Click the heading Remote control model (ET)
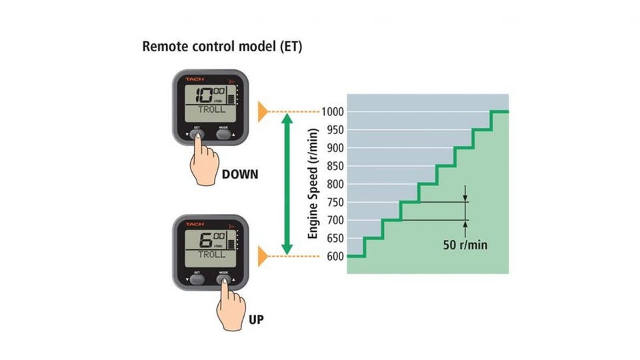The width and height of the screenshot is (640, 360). click(x=222, y=48)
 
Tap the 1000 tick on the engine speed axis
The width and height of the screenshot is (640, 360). click(x=333, y=111)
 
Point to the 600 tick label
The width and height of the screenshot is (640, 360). click(x=335, y=256)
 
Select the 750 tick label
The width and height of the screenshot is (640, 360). click(x=335, y=202)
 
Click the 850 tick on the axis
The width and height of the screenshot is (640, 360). click(x=335, y=166)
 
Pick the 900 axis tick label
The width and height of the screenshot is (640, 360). click(x=335, y=148)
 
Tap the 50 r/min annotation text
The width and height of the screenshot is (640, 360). click(x=465, y=245)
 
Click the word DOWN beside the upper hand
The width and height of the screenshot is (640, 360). click(x=240, y=175)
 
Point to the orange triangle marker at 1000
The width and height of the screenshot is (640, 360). click(x=263, y=111)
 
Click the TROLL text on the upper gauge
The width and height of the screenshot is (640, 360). click(x=212, y=109)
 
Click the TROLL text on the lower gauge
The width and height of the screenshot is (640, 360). click(x=212, y=254)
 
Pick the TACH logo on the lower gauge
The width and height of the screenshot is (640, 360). click(x=195, y=224)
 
